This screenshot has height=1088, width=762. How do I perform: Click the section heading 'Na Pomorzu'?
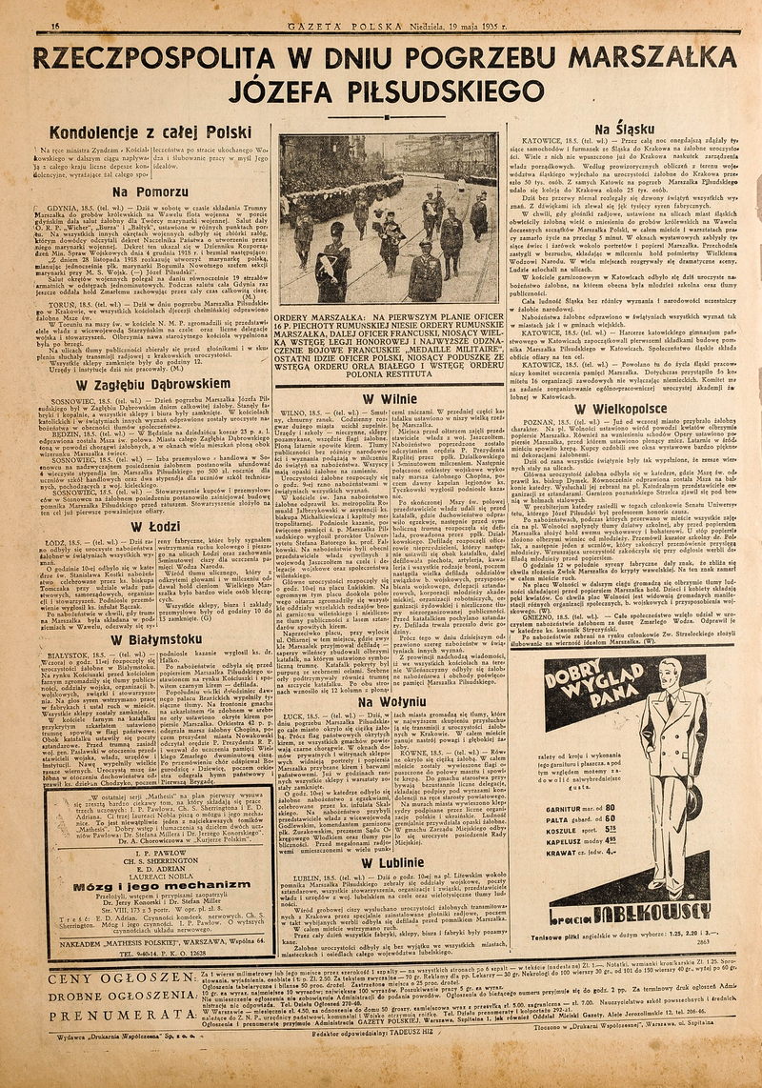pyautogui.click(x=147, y=191)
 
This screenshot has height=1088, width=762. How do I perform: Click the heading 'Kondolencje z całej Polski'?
pyautogui.click(x=150, y=131)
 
